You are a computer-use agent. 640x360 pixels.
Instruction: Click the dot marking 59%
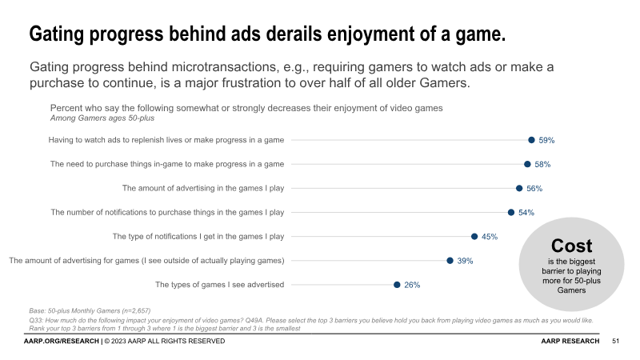tap(531, 140)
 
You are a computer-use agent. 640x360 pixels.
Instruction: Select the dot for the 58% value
tap(527, 164)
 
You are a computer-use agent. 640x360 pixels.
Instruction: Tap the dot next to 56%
tap(519, 188)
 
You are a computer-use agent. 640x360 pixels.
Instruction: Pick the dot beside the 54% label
tap(511, 212)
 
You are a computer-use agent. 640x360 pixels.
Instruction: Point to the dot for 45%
tap(474, 236)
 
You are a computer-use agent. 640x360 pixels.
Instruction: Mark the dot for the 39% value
tap(450, 260)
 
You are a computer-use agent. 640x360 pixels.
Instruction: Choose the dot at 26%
tap(397, 284)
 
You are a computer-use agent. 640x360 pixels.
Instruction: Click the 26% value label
tap(412, 285)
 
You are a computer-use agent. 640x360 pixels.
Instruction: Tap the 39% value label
tap(465, 261)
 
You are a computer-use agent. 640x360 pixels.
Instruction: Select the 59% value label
tap(546, 141)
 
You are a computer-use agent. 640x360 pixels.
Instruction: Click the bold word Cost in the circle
tap(572, 246)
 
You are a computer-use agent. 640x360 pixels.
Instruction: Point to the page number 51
tap(615, 342)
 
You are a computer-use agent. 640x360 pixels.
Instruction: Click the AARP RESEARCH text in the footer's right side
tap(570, 342)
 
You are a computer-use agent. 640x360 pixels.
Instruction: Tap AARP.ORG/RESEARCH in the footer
tap(61, 342)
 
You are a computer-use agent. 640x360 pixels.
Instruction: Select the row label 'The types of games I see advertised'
tap(219, 285)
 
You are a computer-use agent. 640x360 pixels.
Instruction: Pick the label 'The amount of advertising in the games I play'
tap(203, 189)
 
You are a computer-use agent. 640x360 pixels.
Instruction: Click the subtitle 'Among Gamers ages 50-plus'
tap(102, 118)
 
